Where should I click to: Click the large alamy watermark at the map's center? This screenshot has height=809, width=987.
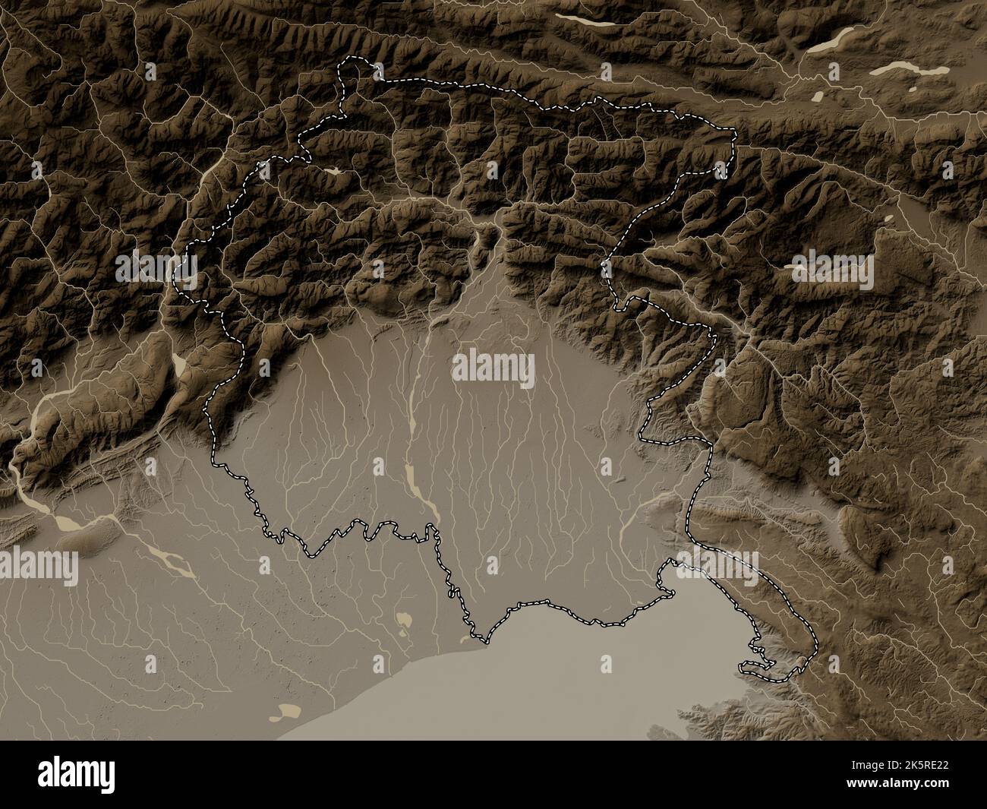point(493,370)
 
